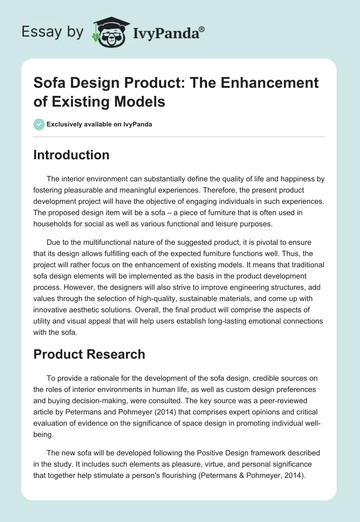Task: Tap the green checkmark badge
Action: point(39,124)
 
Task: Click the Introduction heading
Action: point(72,155)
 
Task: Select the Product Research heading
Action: point(90,354)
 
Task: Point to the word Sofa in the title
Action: point(50,83)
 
